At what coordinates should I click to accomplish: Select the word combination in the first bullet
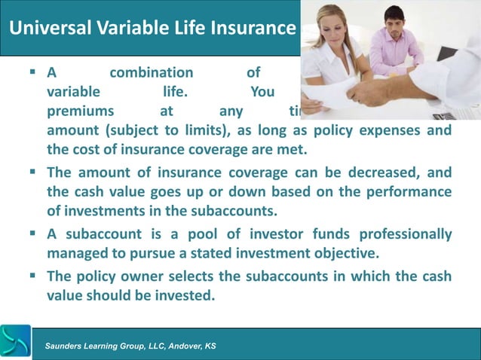coord(151,73)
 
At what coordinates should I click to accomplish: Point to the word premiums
coord(78,112)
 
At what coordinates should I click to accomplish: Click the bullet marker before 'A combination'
coord(33,73)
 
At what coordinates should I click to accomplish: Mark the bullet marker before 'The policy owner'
coord(33,276)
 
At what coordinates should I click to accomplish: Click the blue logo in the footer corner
coord(15,342)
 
